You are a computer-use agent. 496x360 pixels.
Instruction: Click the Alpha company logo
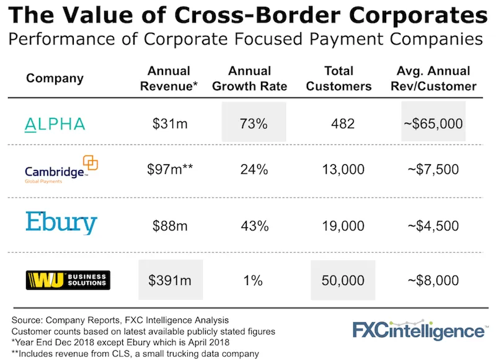pos(55,124)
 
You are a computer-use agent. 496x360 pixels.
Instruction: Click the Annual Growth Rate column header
pos(250,79)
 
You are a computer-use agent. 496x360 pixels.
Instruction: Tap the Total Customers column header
pos(339,79)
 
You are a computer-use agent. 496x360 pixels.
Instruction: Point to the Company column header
pos(55,79)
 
